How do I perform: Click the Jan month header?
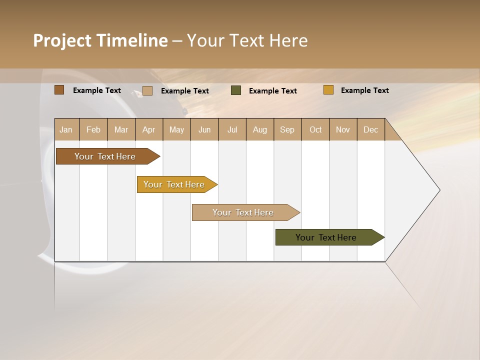[x=66, y=130]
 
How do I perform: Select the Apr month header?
[x=149, y=130]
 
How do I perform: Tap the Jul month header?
[x=232, y=130]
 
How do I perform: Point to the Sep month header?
[x=287, y=130]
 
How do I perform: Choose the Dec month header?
[x=370, y=130]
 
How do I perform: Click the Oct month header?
[x=315, y=130]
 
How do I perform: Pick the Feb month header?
[x=93, y=130]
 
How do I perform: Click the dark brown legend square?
[x=59, y=90]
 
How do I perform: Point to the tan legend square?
[x=147, y=90]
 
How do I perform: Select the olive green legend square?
[x=236, y=90]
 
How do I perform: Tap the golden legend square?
[x=328, y=90]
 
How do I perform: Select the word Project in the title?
[x=62, y=40]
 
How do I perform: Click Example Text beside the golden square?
[x=364, y=90]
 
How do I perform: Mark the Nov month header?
[x=343, y=130]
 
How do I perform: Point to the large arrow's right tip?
[x=439, y=190]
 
